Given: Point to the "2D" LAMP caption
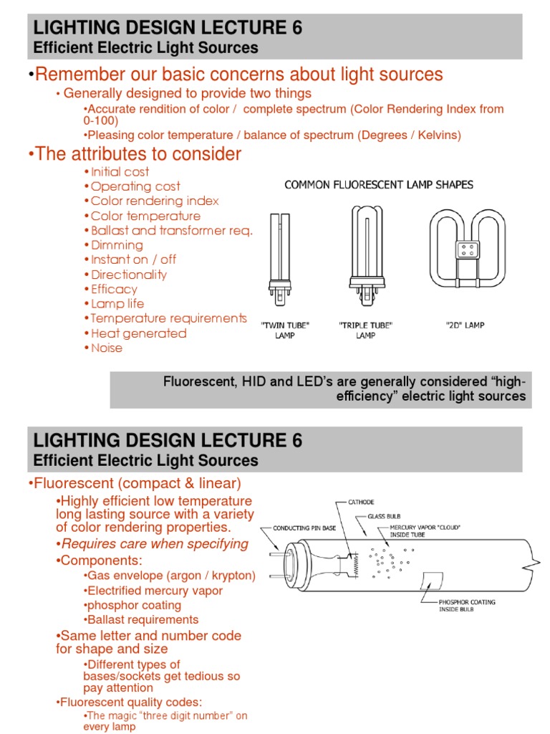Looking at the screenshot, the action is click(465, 325).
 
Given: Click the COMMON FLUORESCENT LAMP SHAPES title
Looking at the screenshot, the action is click(379, 185).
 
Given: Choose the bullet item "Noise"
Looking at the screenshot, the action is click(107, 348).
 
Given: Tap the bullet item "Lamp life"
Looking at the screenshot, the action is click(117, 304).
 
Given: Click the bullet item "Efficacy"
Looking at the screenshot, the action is click(114, 289).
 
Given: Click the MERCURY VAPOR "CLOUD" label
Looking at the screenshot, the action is click(425, 531).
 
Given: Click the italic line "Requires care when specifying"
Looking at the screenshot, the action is click(154, 543).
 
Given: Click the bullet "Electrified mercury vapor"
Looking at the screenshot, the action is click(154, 591).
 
